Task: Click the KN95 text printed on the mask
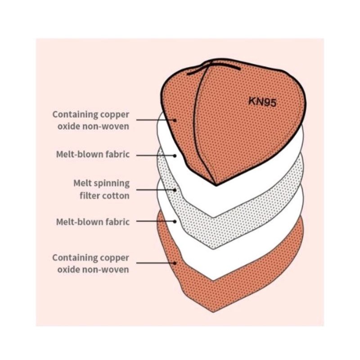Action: [263, 102]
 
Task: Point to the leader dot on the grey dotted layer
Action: [175, 190]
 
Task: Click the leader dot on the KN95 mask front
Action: [175, 120]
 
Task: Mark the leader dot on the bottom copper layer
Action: [175, 262]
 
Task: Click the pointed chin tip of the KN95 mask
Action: [216, 184]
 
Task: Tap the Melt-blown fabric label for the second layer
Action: [93, 154]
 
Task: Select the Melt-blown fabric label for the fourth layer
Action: [93, 221]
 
